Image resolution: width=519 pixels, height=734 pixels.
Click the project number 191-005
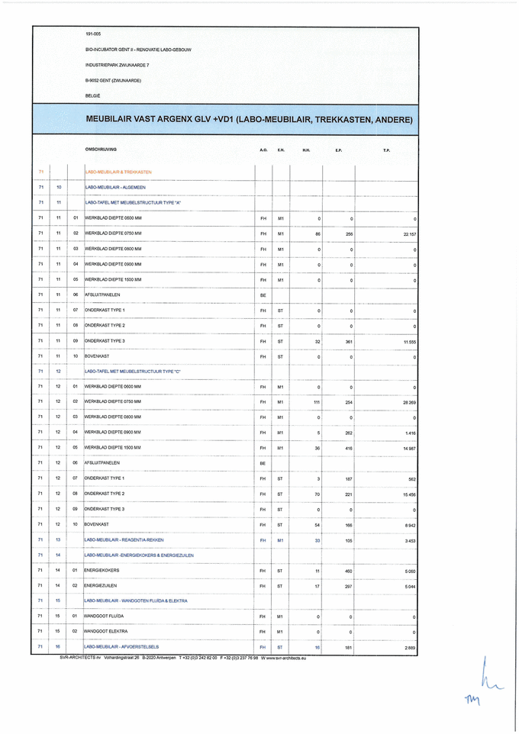pos(93,34)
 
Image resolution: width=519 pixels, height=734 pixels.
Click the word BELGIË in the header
pos(92,95)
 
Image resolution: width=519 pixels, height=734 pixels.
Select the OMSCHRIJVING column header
pos(101,150)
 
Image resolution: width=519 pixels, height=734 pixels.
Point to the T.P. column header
pos(387,150)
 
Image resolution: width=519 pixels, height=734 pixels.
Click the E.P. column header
pos(338,150)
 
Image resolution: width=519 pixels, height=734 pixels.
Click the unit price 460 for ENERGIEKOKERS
pos(348,570)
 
